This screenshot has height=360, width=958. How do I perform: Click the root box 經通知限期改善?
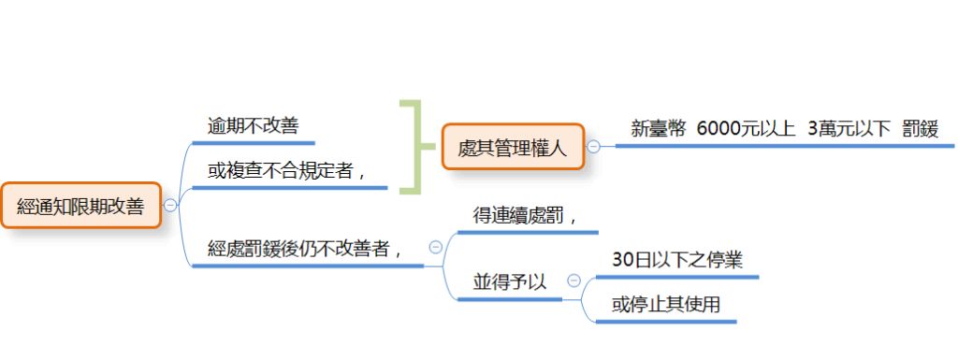[80, 207]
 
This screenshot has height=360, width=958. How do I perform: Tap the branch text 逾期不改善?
[253, 125]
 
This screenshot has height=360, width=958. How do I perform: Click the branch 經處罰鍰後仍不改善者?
[306, 249]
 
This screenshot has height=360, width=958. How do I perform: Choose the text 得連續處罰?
[524, 215]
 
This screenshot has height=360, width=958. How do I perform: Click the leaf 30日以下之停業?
[677, 260]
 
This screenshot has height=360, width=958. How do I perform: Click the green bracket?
[409, 146]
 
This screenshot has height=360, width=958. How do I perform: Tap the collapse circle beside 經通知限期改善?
[170, 206]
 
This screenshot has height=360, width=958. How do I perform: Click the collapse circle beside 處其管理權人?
[593, 146]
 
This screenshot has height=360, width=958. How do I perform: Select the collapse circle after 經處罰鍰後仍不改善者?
[435, 247]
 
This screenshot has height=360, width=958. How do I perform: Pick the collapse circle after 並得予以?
[573, 281]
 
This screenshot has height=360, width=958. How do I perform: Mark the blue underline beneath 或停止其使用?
[666, 323]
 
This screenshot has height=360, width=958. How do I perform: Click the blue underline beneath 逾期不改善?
[253, 143]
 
